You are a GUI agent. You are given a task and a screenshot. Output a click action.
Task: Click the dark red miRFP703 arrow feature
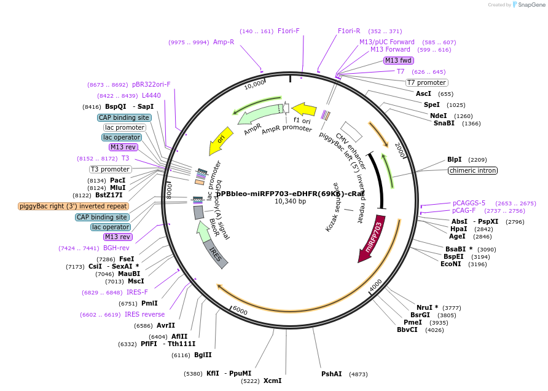click(x=374, y=238)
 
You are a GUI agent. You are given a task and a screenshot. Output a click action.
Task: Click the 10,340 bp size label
click(x=290, y=201)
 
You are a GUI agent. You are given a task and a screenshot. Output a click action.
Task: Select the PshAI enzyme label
click(x=331, y=374)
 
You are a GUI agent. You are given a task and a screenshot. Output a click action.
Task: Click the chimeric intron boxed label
click(x=472, y=170)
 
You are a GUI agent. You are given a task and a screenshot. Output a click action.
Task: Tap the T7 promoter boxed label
click(x=427, y=82)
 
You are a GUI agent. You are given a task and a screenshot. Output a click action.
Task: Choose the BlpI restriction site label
click(x=454, y=159)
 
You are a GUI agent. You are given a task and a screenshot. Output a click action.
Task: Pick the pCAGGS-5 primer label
click(x=469, y=203)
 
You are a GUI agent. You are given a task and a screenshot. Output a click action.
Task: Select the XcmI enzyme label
click(x=272, y=381)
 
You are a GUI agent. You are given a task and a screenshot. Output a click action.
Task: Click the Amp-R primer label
click(x=224, y=42)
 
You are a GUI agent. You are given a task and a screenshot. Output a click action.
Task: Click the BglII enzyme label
click(x=203, y=355)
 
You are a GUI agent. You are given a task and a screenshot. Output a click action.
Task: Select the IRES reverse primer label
click(x=144, y=314)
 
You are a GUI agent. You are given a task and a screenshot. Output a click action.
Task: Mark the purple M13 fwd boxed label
click(x=398, y=60)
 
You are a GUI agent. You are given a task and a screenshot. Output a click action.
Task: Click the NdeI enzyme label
click(x=438, y=115)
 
